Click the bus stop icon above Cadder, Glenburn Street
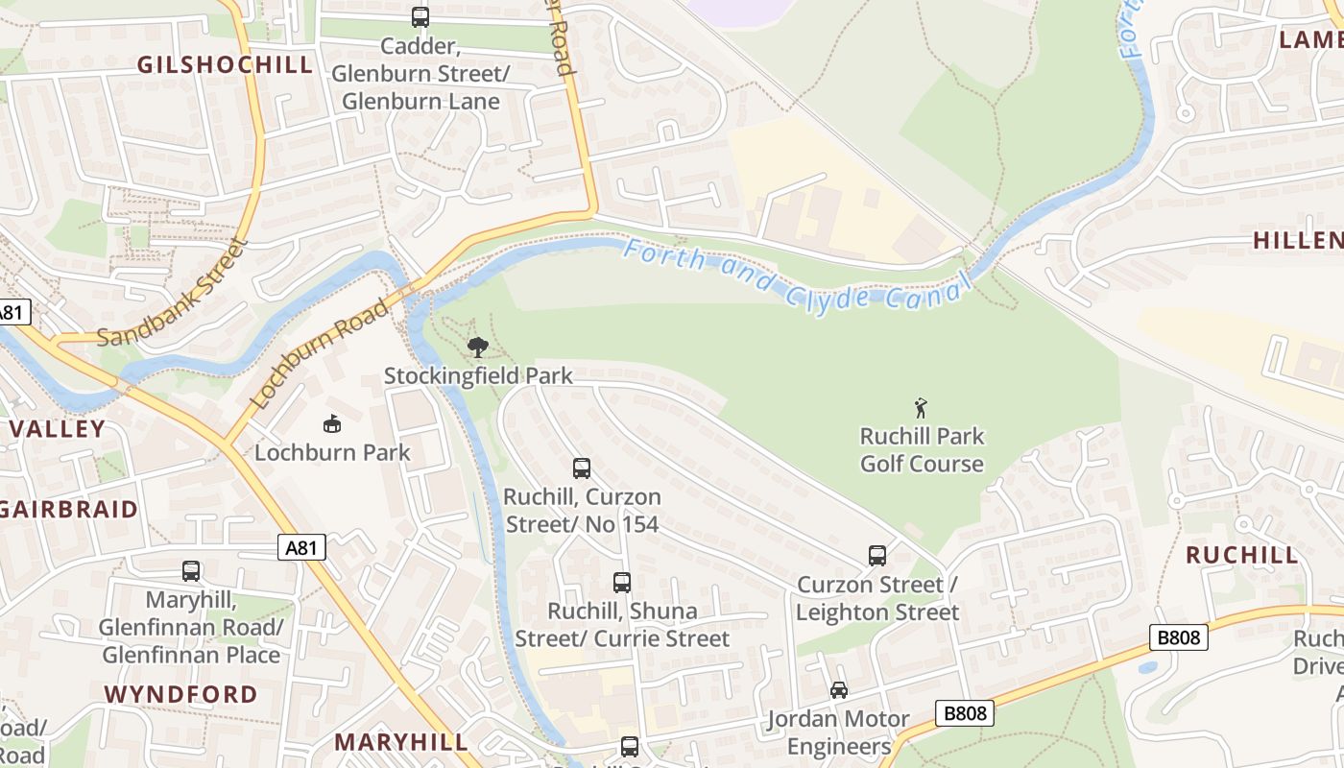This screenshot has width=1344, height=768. (x=420, y=16)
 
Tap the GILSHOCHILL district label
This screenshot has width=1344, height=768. (x=226, y=64)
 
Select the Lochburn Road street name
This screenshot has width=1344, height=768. (x=319, y=353)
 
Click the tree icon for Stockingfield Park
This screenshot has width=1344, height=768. (x=477, y=348)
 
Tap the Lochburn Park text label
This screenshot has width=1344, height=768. (x=332, y=452)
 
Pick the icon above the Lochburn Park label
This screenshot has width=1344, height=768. (x=332, y=423)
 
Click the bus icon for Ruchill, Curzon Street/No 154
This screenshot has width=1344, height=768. (x=582, y=468)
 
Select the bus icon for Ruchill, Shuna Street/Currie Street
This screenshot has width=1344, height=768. (x=622, y=582)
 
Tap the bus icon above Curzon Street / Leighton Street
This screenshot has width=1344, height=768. (x=877, y=556)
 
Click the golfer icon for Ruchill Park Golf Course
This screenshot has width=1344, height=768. (x=922, y=408)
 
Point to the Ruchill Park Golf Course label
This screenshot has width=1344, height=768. (x=922, y=450)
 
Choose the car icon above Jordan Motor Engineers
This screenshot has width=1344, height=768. (x=839, y=690)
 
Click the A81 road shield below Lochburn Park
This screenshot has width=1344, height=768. (x=302, y=547)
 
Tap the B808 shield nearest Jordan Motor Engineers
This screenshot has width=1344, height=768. (x=965, y=713)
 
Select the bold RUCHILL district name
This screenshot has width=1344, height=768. (x=1242, y=555)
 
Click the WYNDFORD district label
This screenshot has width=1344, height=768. (x=180, y=694)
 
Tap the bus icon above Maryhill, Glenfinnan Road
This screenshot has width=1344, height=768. (x=191, y=571)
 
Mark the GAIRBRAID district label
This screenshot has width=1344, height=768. (x=69, y=509)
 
